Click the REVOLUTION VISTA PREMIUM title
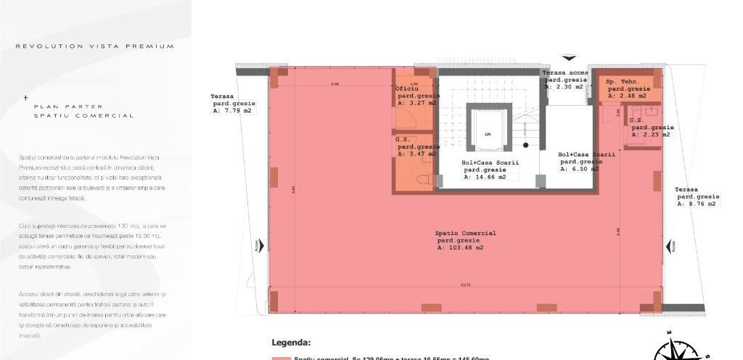(95, 46)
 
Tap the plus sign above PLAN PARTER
(26, 97)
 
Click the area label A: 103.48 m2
(461, 248)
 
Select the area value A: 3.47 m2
(416, 154)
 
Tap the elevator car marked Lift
(488, 134)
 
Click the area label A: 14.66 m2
(490, 176)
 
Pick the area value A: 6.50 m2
(578, 168)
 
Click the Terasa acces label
(565, 73)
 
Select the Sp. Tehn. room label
(622, 82)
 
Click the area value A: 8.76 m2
(697, 204)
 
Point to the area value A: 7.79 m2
(232, 111)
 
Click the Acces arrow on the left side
(256, 247)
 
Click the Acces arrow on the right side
(673, 247)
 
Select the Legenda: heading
(291, 343)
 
